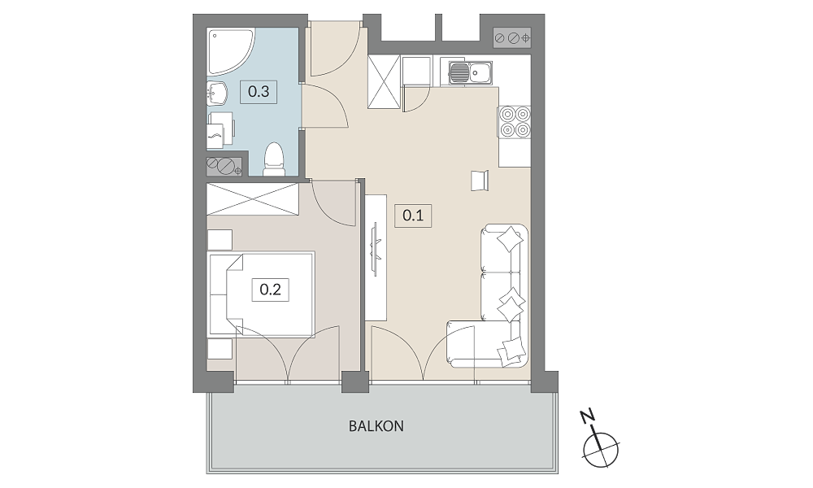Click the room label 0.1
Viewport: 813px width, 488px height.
(x=413, y=215)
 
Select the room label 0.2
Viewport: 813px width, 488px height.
(x=270, y=289)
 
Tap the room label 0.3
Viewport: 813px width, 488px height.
(x=259, y=92)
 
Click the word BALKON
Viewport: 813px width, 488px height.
(x=376, y=426)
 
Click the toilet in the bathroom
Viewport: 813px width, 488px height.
(x=273, y=159)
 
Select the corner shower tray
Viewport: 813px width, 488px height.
(x=230, y=52)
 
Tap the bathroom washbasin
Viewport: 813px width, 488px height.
(x=217, y=94)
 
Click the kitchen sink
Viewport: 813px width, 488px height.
(x=470, y=72)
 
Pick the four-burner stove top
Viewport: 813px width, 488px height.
(x=515, y=121)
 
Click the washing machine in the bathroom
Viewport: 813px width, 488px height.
(x=221, y=130)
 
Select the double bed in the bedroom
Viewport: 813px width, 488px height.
(x=262, y=294)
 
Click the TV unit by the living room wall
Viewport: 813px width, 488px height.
(x=376, y=257)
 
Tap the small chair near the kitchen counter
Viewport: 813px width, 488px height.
(x=480, y=181)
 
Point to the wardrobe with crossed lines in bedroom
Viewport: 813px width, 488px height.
(x=253, y=198)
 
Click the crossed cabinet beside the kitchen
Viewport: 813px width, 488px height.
(x=385, y=82)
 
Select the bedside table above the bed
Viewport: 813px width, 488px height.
(x=220, y=240)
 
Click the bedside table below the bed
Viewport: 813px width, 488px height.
(x=220, y=349)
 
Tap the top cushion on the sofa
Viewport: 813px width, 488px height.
(x=510, y=238)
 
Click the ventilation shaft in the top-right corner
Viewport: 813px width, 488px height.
(x=512, y=38)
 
